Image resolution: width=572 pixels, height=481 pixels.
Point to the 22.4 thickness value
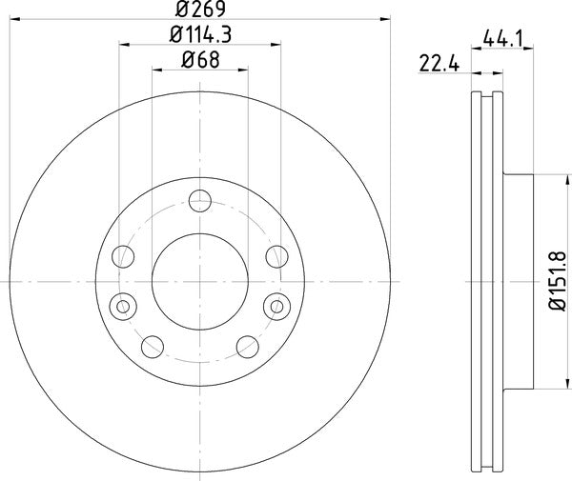click(x=434, y=65)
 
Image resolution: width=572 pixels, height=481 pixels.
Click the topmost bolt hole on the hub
click(x=200, y=200)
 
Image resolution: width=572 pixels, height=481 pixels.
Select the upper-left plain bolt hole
click(x=123, y=255)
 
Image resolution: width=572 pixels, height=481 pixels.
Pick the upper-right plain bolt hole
click(x=276, y=255)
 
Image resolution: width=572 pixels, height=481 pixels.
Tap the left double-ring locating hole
click(x=123, y=306)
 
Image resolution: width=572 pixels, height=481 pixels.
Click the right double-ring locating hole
click(x=276, y=306)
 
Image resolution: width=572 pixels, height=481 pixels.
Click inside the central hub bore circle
click(x=200, y=281)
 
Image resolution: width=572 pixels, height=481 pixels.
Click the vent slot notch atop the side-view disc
click(x=488, y=95)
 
